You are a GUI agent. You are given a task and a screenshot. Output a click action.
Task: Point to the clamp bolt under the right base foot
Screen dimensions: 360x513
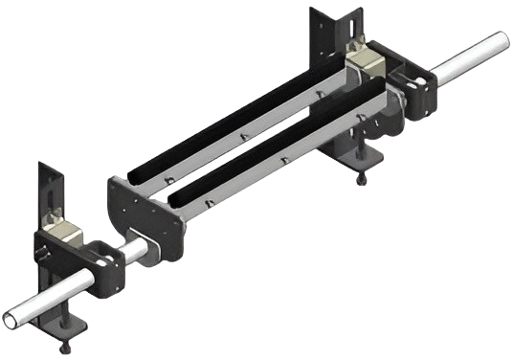click(x=361, y=179)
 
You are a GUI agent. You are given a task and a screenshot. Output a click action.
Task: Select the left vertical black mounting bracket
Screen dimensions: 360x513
click(x=48, y=191)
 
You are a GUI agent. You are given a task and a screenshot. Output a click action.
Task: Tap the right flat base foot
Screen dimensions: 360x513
click(x=354, y=153)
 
